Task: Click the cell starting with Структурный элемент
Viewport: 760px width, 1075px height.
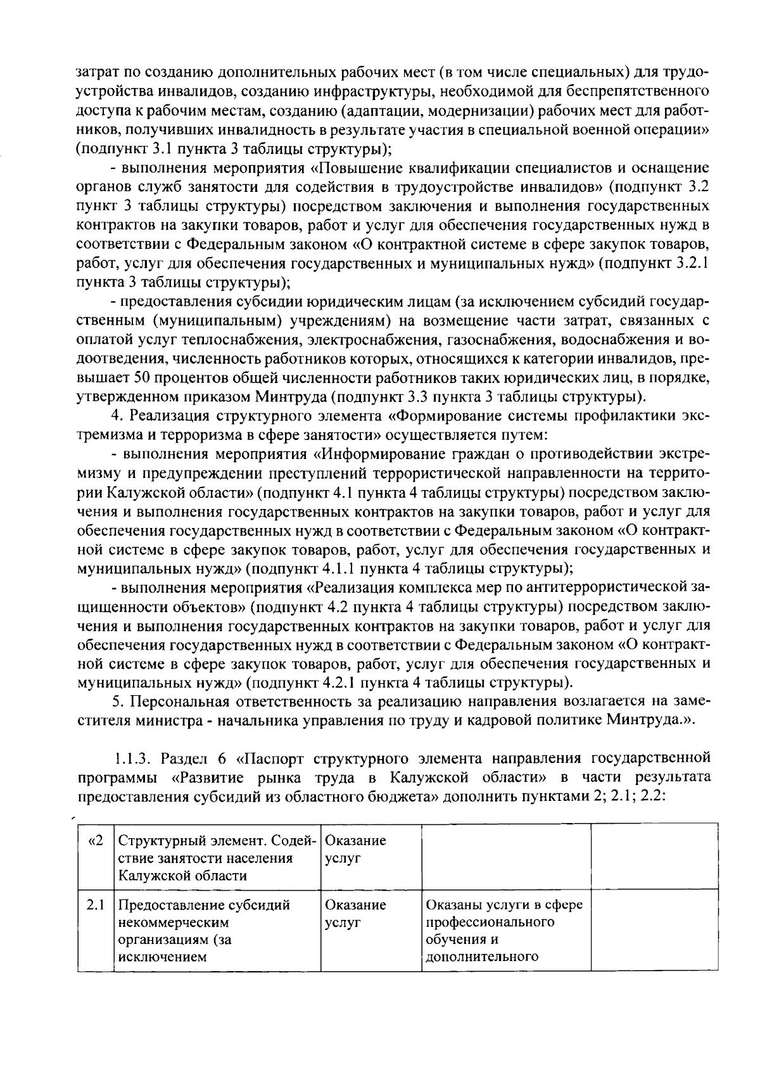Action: pos(217,858)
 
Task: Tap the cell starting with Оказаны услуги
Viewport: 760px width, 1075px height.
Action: pos(505,930)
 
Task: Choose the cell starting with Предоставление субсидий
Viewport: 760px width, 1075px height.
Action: pos(217,930)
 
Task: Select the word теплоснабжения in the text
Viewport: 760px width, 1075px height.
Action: pos(251,341)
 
